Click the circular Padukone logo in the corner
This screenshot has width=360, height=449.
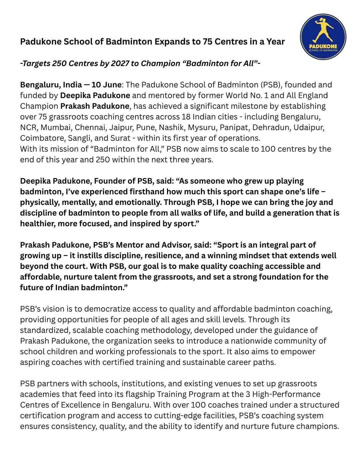[323, 37]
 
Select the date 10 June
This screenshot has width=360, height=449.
[106, 85]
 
